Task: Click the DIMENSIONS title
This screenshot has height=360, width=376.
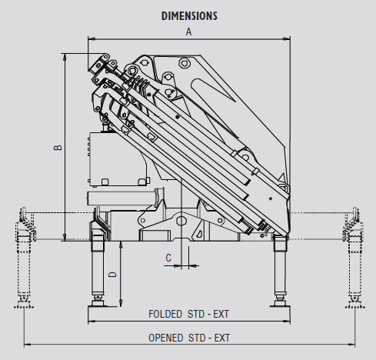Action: [189, 16]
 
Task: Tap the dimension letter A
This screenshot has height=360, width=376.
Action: [188, 32]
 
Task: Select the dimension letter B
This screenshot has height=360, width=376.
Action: [58, 148]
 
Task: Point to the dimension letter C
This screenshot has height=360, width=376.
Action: [168, 258]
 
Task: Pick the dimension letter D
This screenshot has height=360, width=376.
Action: [112, 275]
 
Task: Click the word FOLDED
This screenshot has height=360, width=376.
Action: [165, 314]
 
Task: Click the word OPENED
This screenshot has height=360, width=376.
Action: [166, 338]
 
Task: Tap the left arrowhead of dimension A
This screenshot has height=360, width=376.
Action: [92, 39]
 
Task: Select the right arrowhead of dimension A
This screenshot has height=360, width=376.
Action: [287, 39]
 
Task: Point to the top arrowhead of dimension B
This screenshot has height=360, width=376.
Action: [65, 57]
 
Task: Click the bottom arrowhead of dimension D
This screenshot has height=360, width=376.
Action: [121, 303]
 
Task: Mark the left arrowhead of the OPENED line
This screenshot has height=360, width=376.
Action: [28, 345]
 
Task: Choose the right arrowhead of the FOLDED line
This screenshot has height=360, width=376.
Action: [287, 321]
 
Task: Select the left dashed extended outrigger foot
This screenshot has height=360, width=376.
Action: [24, 303]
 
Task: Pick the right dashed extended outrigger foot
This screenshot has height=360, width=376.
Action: [355, 303]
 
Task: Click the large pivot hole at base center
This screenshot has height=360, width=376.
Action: [181, 221]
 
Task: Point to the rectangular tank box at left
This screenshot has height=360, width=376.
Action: [118, 159]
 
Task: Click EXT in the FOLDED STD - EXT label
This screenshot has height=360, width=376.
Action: [221, 314]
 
